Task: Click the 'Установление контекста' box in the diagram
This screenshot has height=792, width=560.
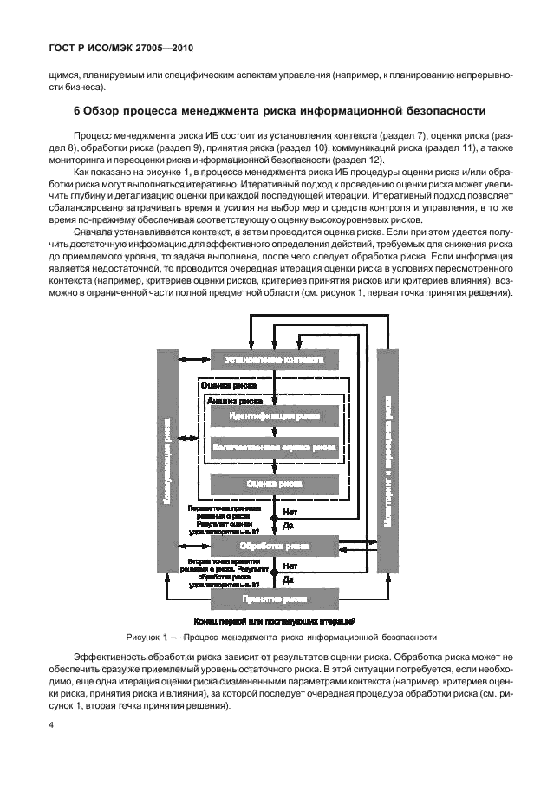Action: pos(274,359)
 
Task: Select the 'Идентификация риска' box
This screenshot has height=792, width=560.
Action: pos(274,416)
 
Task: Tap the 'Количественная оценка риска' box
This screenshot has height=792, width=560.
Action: pos(274,448)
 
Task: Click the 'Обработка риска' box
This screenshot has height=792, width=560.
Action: pos(274,547)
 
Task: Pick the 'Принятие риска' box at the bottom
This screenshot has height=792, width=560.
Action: pos(274,599)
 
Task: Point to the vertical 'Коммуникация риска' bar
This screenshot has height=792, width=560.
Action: pos(166,460)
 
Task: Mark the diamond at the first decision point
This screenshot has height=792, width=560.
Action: pos(274,519)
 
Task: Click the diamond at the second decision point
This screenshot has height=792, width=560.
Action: pos(274,573)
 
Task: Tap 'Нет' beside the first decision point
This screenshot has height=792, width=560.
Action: pos(290,512)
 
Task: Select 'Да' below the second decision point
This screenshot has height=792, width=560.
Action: pos(288,579)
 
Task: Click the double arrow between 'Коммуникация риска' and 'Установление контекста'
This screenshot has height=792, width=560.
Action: pos(193,359)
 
